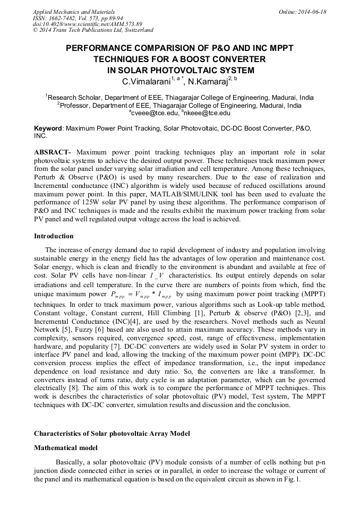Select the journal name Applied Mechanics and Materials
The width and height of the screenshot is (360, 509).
point(73,12)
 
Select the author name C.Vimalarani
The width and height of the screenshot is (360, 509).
point(145,82)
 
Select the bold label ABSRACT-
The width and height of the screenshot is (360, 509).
point(53,153)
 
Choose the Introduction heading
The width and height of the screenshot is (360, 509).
point(54,236)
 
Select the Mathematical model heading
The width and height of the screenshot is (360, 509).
point(66,448)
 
